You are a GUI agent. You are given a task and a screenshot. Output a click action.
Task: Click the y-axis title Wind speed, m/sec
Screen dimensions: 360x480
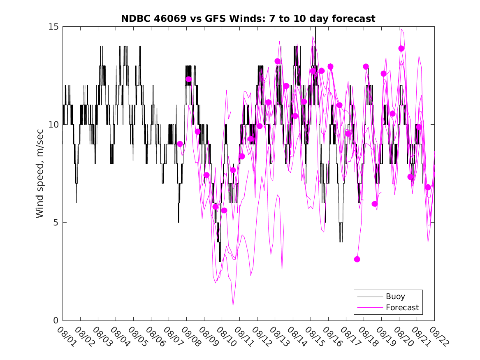[x=40, y=173]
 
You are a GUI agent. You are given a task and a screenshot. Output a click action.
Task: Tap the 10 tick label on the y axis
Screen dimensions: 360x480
[x=54, y=125]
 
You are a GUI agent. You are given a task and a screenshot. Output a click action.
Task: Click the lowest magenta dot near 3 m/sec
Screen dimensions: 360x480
[x=357, y=259]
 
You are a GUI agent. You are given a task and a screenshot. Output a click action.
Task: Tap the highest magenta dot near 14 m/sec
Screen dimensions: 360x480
[x=401, y=49]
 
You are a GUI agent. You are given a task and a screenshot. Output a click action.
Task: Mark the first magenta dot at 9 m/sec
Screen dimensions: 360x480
[x=180, y=144]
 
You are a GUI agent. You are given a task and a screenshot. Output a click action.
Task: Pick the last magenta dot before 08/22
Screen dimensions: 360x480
[x=428, y=187]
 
